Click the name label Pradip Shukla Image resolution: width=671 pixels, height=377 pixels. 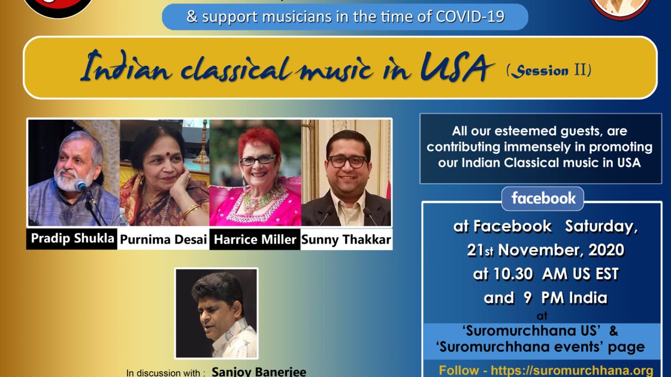tap(72, 239)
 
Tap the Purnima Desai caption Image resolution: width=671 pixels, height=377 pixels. tap(164, 239)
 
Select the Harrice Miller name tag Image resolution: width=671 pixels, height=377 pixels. tap(255, 239)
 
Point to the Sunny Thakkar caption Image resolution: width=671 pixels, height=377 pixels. tap(346, 239)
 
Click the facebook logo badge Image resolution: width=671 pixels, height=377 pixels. tap(543, 199)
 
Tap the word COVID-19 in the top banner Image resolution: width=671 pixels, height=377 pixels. tap(470, 17)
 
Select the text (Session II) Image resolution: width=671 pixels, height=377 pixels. tap(549, 69)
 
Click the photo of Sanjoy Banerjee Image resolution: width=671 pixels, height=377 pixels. tap(216, 314)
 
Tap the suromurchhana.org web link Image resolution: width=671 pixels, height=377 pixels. tap(572, 370)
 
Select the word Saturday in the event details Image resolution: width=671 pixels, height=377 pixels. tap(601, 227)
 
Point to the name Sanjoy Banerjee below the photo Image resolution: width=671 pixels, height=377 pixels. tap(259, 372)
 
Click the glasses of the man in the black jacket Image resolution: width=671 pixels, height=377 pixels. tap(347, 162)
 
